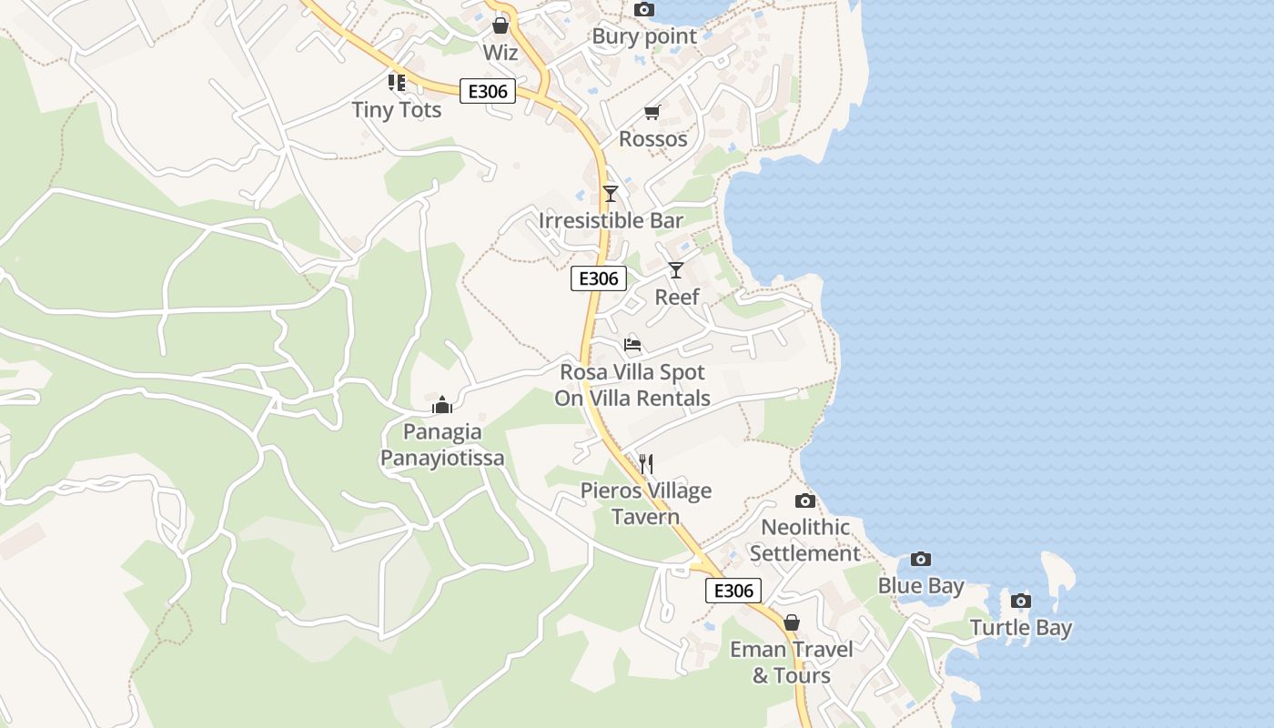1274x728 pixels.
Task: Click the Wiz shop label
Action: tap(500, 53)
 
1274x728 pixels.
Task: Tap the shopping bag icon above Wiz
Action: tap(500, 25)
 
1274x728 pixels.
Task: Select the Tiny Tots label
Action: tap(397, 110)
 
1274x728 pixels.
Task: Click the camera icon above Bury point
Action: tap(643, 9)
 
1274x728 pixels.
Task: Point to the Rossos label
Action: tap(652, 139)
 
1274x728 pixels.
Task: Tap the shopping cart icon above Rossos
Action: tap(652, 112)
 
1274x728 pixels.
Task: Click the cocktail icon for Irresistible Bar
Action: tap(611, 194)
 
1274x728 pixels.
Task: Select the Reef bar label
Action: tap(677, 297)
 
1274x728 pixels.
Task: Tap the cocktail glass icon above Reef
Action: tap(675, 269)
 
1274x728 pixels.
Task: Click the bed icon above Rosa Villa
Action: tap(632, 345)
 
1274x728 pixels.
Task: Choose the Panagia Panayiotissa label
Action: tap(442, 445)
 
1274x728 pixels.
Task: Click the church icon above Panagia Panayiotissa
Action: tap(442, 405)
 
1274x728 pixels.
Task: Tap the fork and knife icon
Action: tap(646, 464)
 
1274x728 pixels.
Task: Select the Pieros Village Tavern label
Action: tap(646, 504)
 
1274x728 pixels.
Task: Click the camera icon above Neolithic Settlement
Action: tap(804, 500)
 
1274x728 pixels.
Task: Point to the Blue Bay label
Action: tap(920, 586)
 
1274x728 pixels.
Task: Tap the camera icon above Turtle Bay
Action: tap(1021, 601)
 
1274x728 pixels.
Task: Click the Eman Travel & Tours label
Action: tap(792, 662)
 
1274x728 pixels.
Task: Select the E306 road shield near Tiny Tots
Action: tap(488, 91)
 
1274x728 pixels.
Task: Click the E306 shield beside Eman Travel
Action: tap(733, 591)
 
